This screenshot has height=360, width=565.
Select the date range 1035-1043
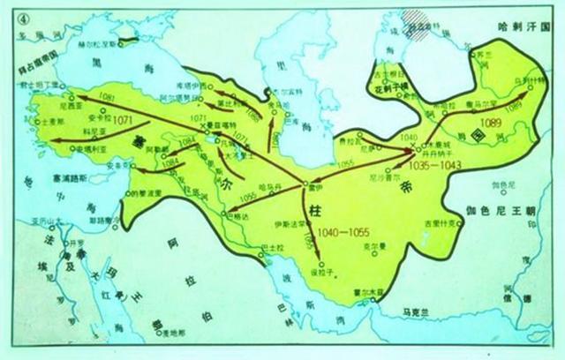pos(426,164)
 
